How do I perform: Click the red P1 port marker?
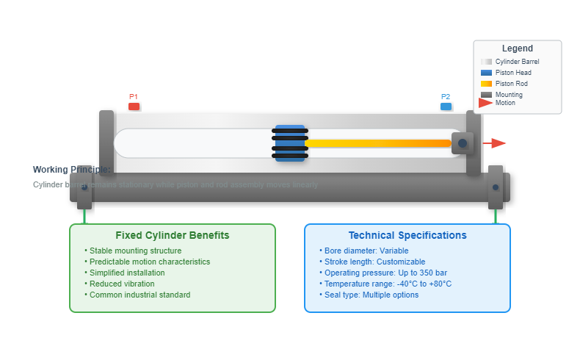tap(134, 106)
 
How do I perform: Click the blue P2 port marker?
tap(446, 106)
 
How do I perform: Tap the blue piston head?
tap(290, 143)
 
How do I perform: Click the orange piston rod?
tap(377, 143)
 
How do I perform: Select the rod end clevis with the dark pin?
tap(463, 143)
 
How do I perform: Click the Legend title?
tap(518, 48)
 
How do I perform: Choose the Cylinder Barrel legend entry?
tap(517, 62)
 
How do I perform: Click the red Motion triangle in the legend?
tap(485, 103)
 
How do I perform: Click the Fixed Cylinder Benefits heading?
tap(173, 235)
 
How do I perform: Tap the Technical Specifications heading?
tap(407, 235)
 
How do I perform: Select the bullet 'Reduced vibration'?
tap(122, 284)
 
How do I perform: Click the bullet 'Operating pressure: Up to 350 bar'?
tap(385, 273)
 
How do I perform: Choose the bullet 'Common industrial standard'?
tap(139, 295)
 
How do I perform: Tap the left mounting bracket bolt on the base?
tap(84, 187)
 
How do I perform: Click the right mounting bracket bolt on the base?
tap(496, 187)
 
